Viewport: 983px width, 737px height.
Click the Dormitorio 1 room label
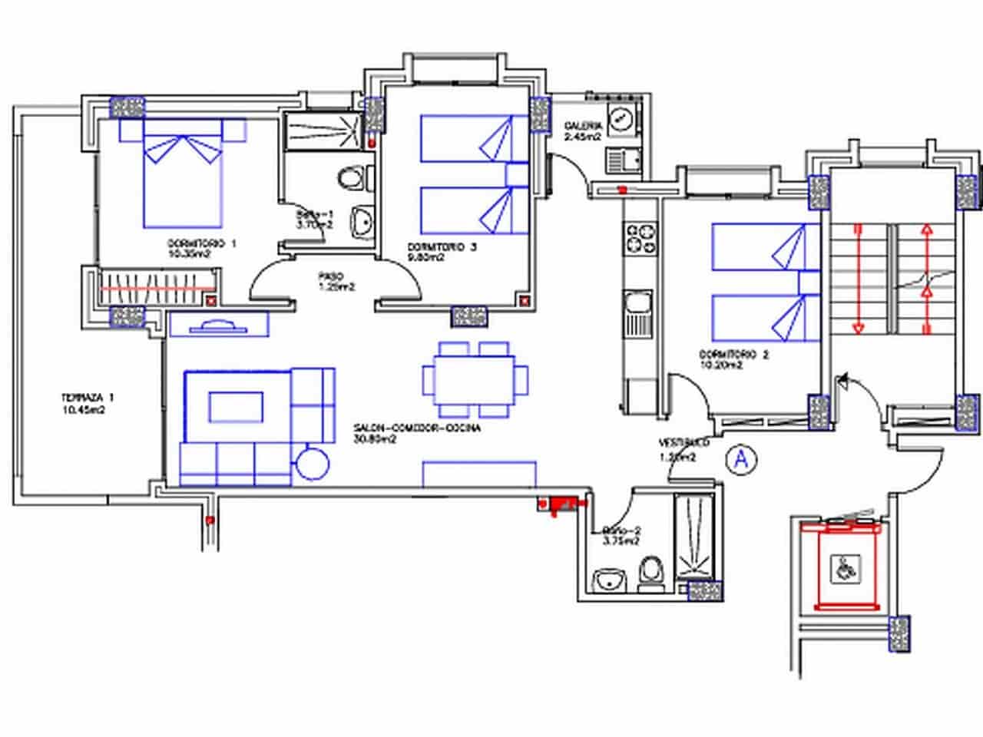click(x=201, y=248)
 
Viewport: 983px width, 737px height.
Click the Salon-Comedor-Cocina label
click(x=417, y=434)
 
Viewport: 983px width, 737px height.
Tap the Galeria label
click(x=582, y=131)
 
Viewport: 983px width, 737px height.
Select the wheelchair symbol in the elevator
click(x=846, y=569)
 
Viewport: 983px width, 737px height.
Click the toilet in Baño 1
click(x=352, y=179)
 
